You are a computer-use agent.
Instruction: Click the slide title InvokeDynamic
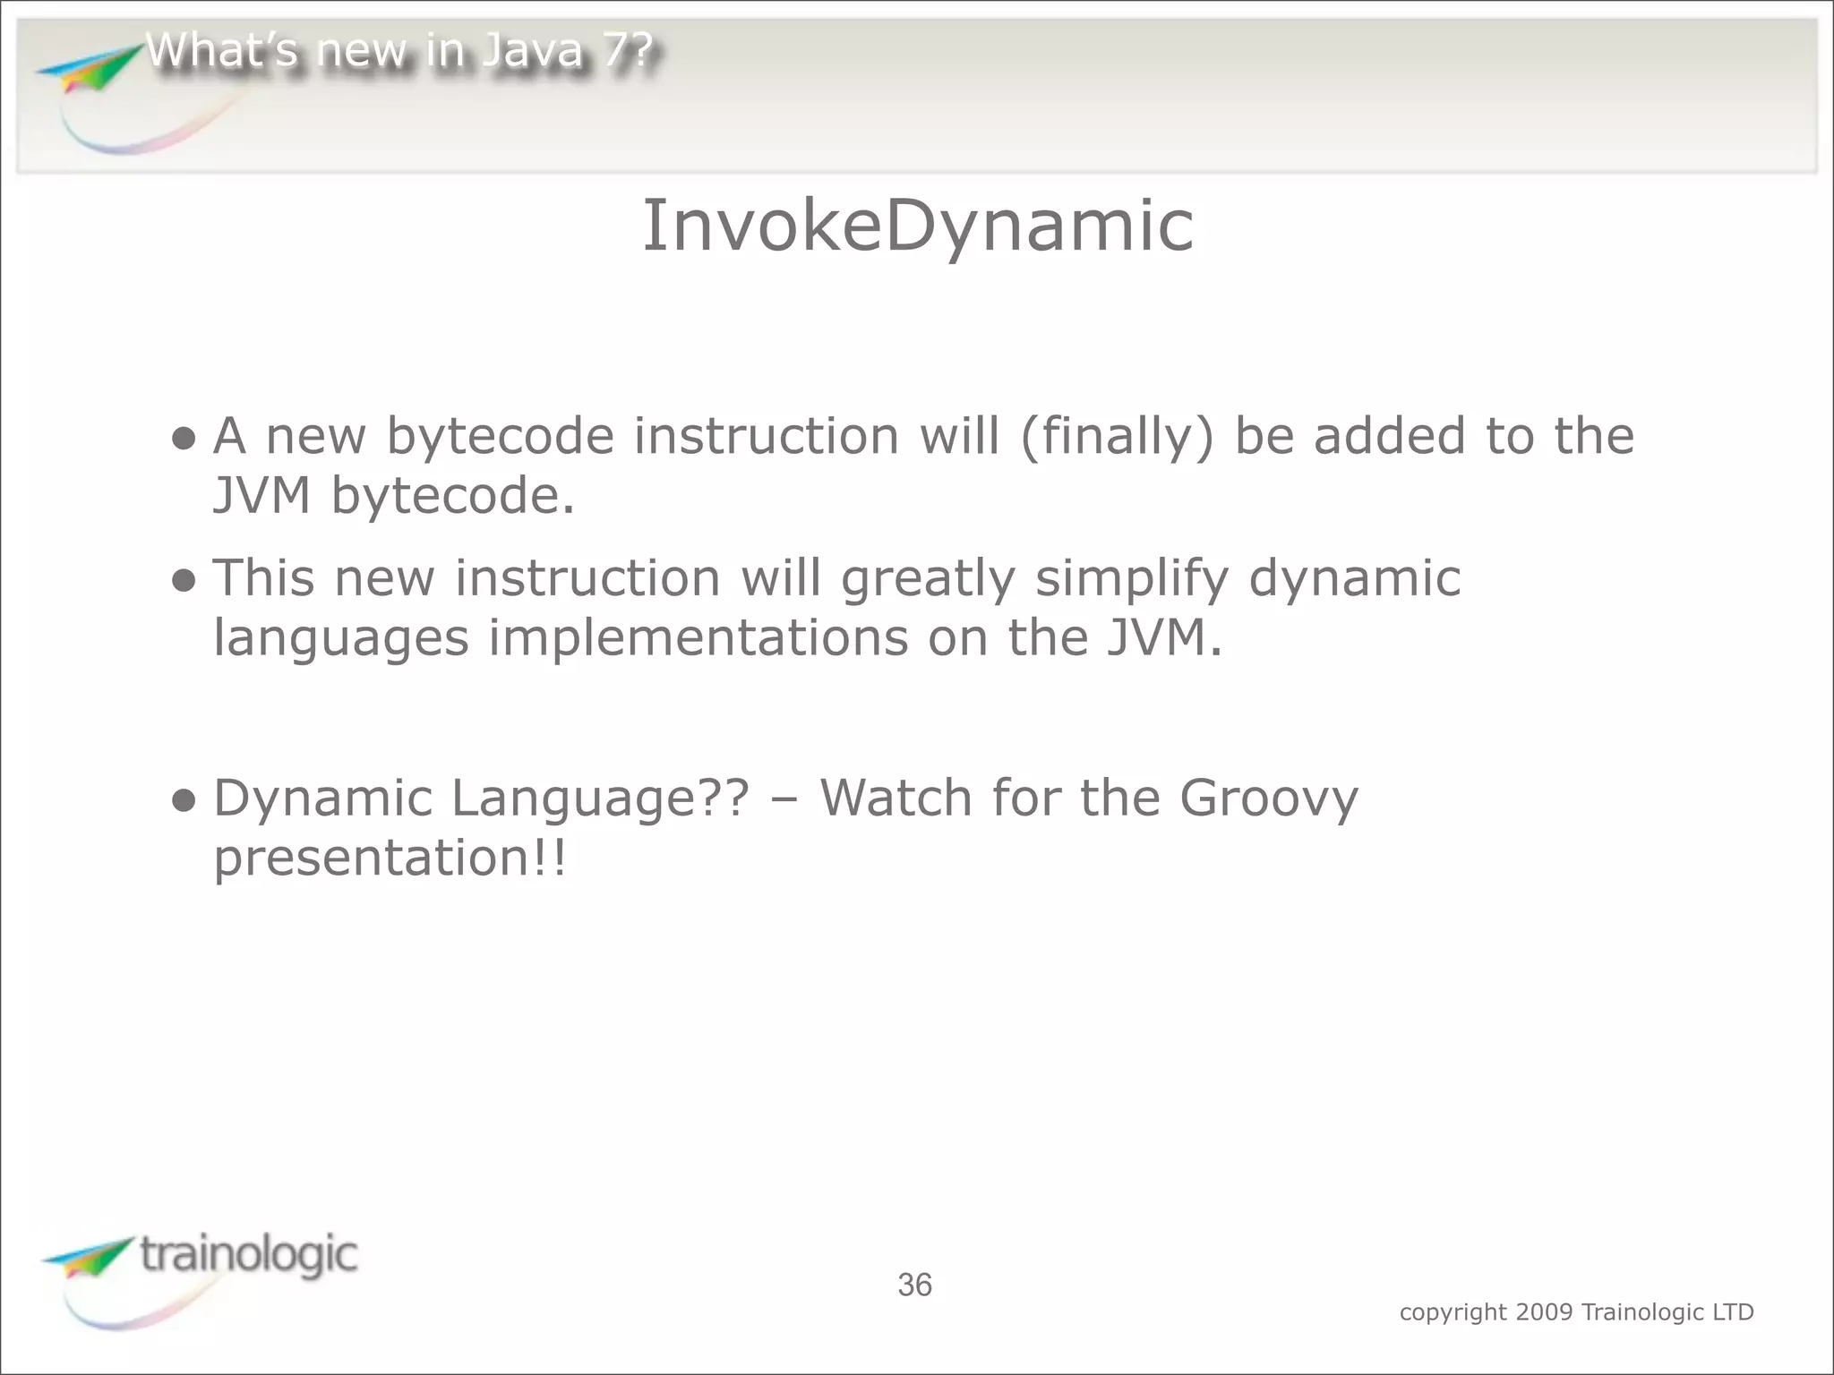click(918, 226)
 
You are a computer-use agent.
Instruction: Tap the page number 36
click(914, 1285)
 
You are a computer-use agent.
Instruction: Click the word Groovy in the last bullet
click(1268, 799)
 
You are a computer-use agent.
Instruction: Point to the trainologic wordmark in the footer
click(249, 1255)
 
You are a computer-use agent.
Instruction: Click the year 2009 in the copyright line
click(1544, 1312)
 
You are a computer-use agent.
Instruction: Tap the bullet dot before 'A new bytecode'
click(184, 439)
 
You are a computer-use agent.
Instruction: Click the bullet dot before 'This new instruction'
click(184, 581)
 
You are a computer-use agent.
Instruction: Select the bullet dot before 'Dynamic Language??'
click(184, 800)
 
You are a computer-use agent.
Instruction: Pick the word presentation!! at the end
click(390, 858)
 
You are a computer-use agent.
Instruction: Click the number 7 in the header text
click(615, 50)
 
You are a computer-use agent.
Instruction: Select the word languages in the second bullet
click(340, 639)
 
